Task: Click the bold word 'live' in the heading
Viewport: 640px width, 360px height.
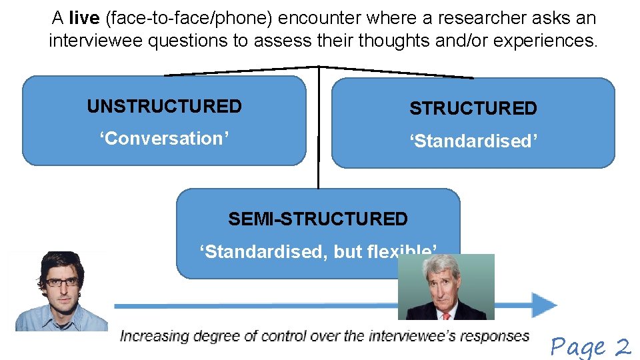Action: click(x=84, y=18)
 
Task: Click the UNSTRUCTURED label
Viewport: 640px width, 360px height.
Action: click(x=164, y=107)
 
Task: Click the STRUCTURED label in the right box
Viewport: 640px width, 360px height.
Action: click(x=473, y=109)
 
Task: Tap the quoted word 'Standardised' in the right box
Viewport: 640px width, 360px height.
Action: click(x=473, y=141)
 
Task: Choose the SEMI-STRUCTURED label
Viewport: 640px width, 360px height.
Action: click(x=318, y=219)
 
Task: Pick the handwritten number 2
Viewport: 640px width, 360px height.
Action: click(x=623, y=346)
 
